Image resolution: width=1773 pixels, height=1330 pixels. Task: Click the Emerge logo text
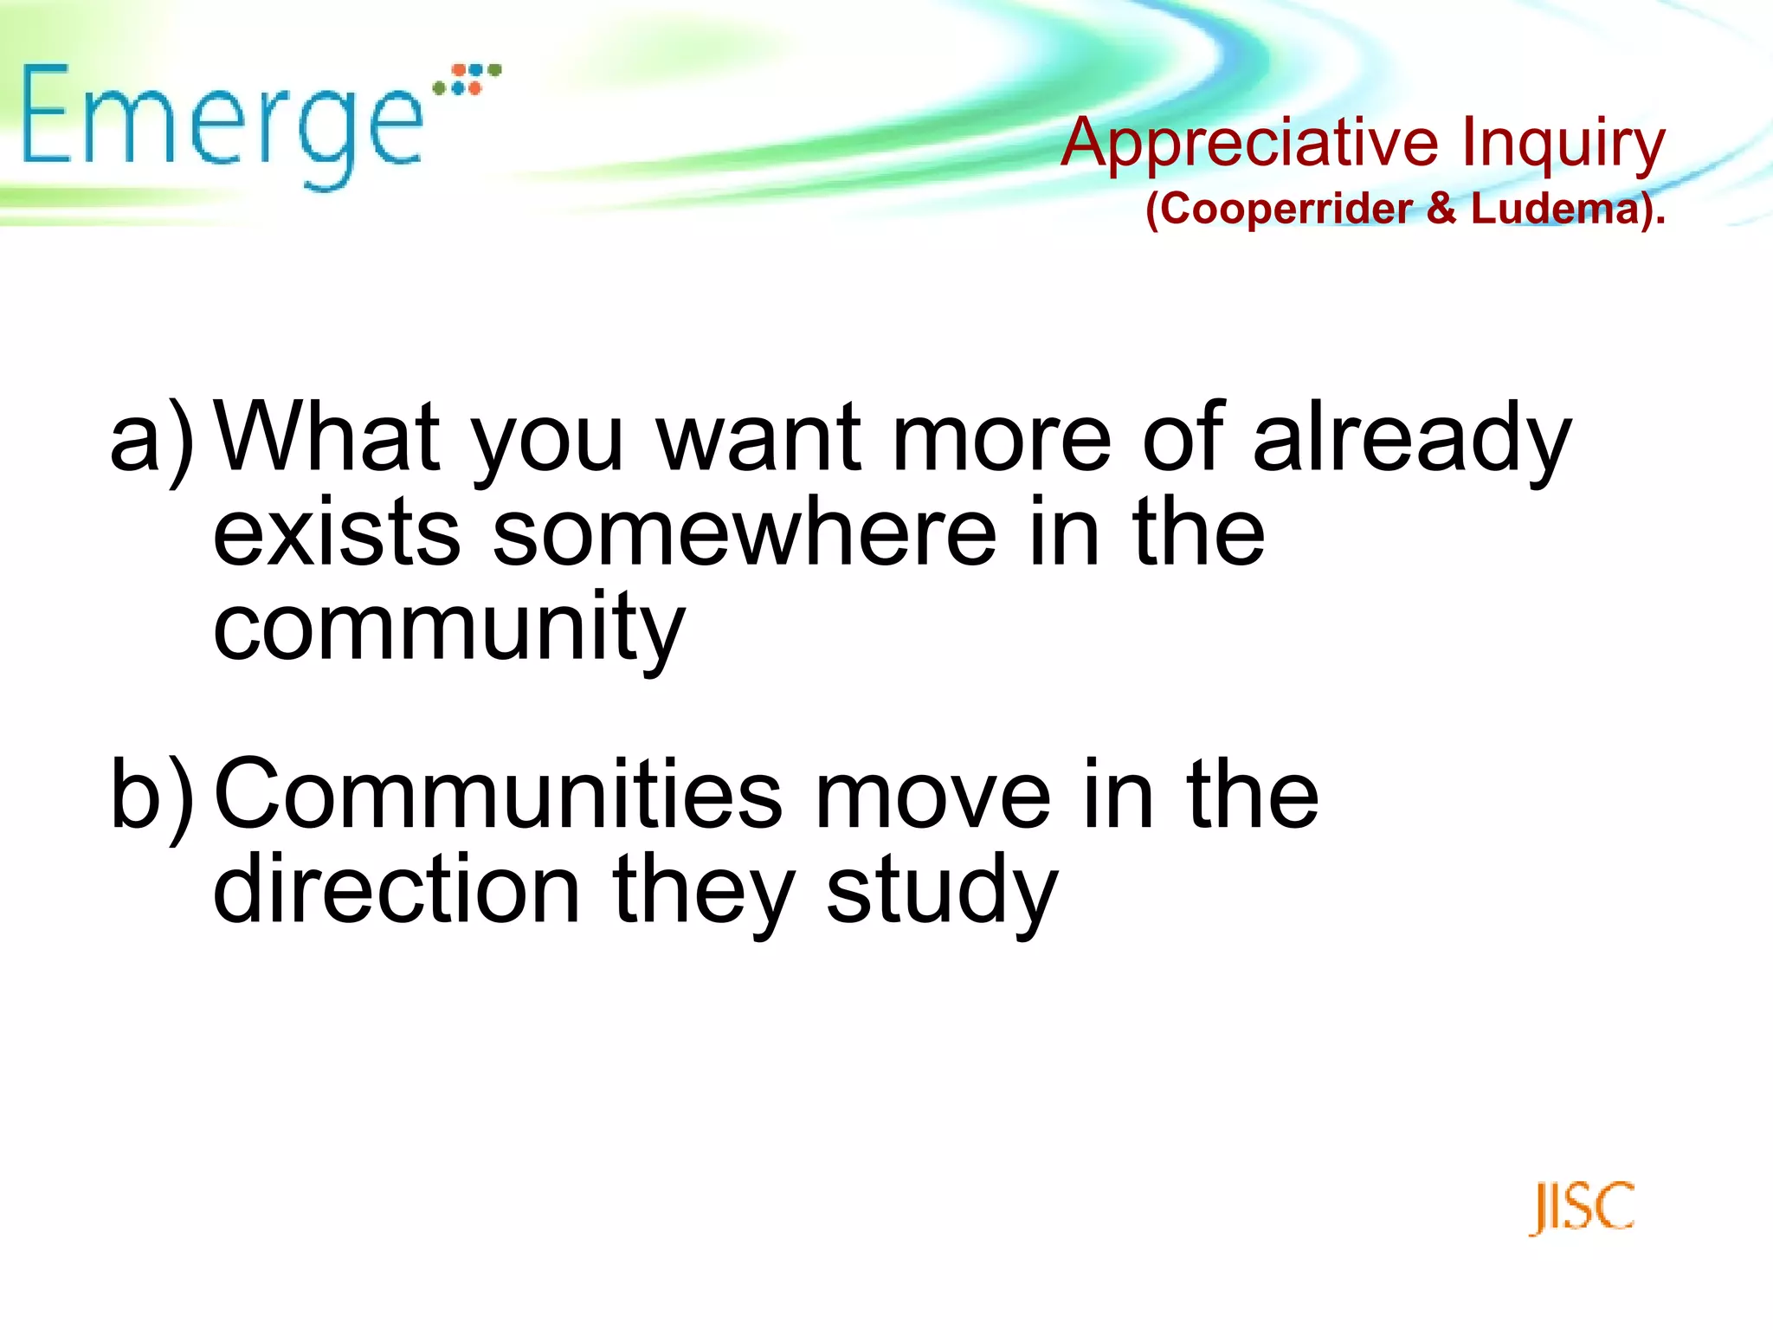coord(221,121)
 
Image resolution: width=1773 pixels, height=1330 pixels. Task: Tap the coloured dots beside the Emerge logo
coord(467,79)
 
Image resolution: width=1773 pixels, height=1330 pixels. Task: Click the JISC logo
coord(1582,1207)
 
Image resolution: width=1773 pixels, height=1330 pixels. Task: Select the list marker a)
coord(152,438)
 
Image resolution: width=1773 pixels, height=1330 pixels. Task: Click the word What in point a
coord(328,436)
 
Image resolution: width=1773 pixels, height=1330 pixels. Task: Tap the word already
coord(1411,438)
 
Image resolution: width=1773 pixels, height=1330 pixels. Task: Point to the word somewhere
coord(745,532)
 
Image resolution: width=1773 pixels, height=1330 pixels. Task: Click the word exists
coord(337,532)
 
